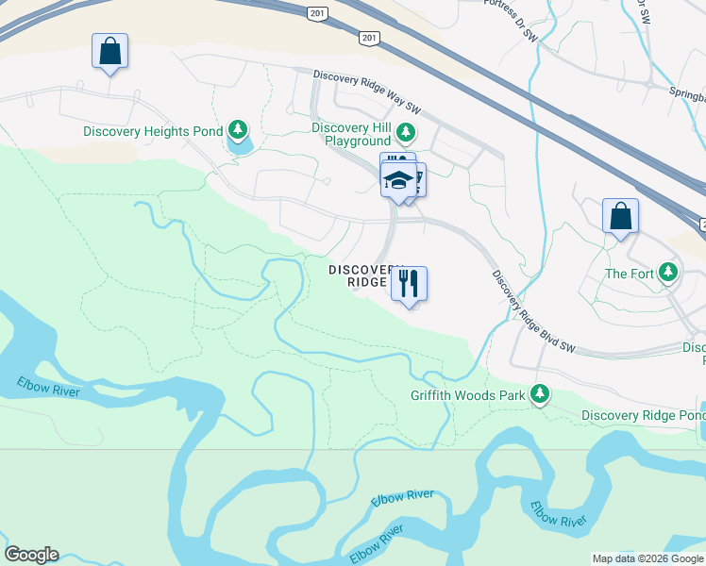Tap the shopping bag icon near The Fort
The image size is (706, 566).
[620, 216]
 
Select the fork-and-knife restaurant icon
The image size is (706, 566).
[409, 283]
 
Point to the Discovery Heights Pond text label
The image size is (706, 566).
[153, 132]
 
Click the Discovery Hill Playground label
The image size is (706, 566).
[351, 134]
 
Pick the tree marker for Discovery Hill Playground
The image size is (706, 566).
[406, 132]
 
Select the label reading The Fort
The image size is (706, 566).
[630, 274]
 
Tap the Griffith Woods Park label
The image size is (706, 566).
[467, 395]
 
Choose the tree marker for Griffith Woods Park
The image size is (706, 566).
[540, 393]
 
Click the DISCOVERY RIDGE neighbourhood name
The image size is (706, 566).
[360, 275]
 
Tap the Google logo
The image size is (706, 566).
[31, 555]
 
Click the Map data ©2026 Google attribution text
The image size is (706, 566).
[647, 558]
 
